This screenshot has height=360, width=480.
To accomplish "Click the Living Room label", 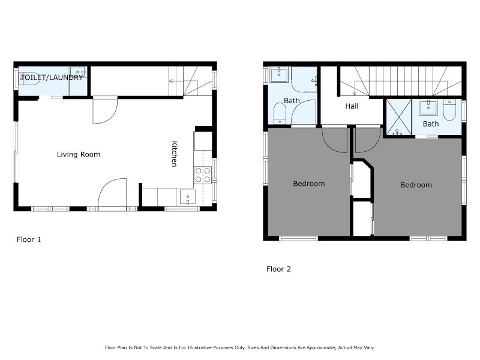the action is (79, 154).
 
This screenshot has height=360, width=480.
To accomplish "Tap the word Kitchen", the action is (174, 154).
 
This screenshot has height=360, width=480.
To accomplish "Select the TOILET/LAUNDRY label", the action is (52, 77).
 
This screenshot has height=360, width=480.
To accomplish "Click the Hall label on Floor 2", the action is (352, 106).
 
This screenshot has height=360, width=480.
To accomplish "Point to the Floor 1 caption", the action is (29, 239).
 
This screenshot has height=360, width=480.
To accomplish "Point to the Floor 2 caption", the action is (278, 269).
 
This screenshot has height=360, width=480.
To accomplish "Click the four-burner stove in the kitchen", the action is (203, 175).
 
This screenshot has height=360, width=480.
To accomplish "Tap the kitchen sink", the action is (187, 197).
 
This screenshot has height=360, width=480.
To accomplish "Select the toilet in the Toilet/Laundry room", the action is (29, 79).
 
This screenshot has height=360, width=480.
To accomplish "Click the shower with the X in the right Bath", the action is (399, 117).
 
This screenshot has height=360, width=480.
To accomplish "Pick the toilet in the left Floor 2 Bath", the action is (280, 113).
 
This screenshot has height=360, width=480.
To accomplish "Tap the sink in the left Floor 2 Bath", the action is (279, 74).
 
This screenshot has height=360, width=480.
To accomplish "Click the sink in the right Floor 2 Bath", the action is (428, 107).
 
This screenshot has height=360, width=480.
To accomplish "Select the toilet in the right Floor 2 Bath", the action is (449, 110).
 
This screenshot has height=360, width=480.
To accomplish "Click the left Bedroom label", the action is (309, 184).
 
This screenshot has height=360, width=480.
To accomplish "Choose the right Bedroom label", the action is (416, 185).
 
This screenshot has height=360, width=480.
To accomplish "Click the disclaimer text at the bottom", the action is (239, 347).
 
